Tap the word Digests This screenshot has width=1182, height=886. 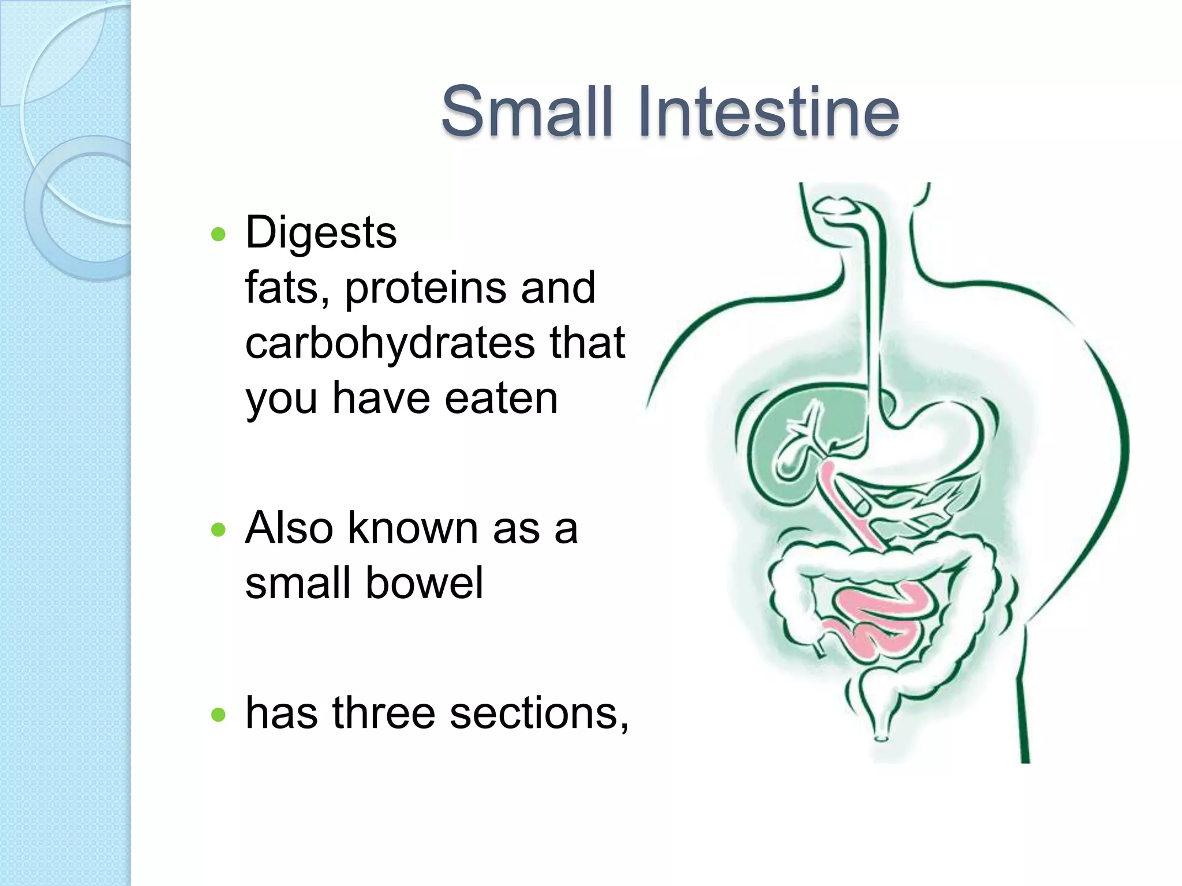(x=321, y=232)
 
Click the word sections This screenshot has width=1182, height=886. (x=538, y=713)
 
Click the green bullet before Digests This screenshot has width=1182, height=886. (x=218, y=234)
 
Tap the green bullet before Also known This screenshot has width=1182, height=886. (x=218, y=530)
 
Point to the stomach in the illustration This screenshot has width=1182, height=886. (x=947, y=438)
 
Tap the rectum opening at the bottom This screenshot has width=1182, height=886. (x=881, y=737)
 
